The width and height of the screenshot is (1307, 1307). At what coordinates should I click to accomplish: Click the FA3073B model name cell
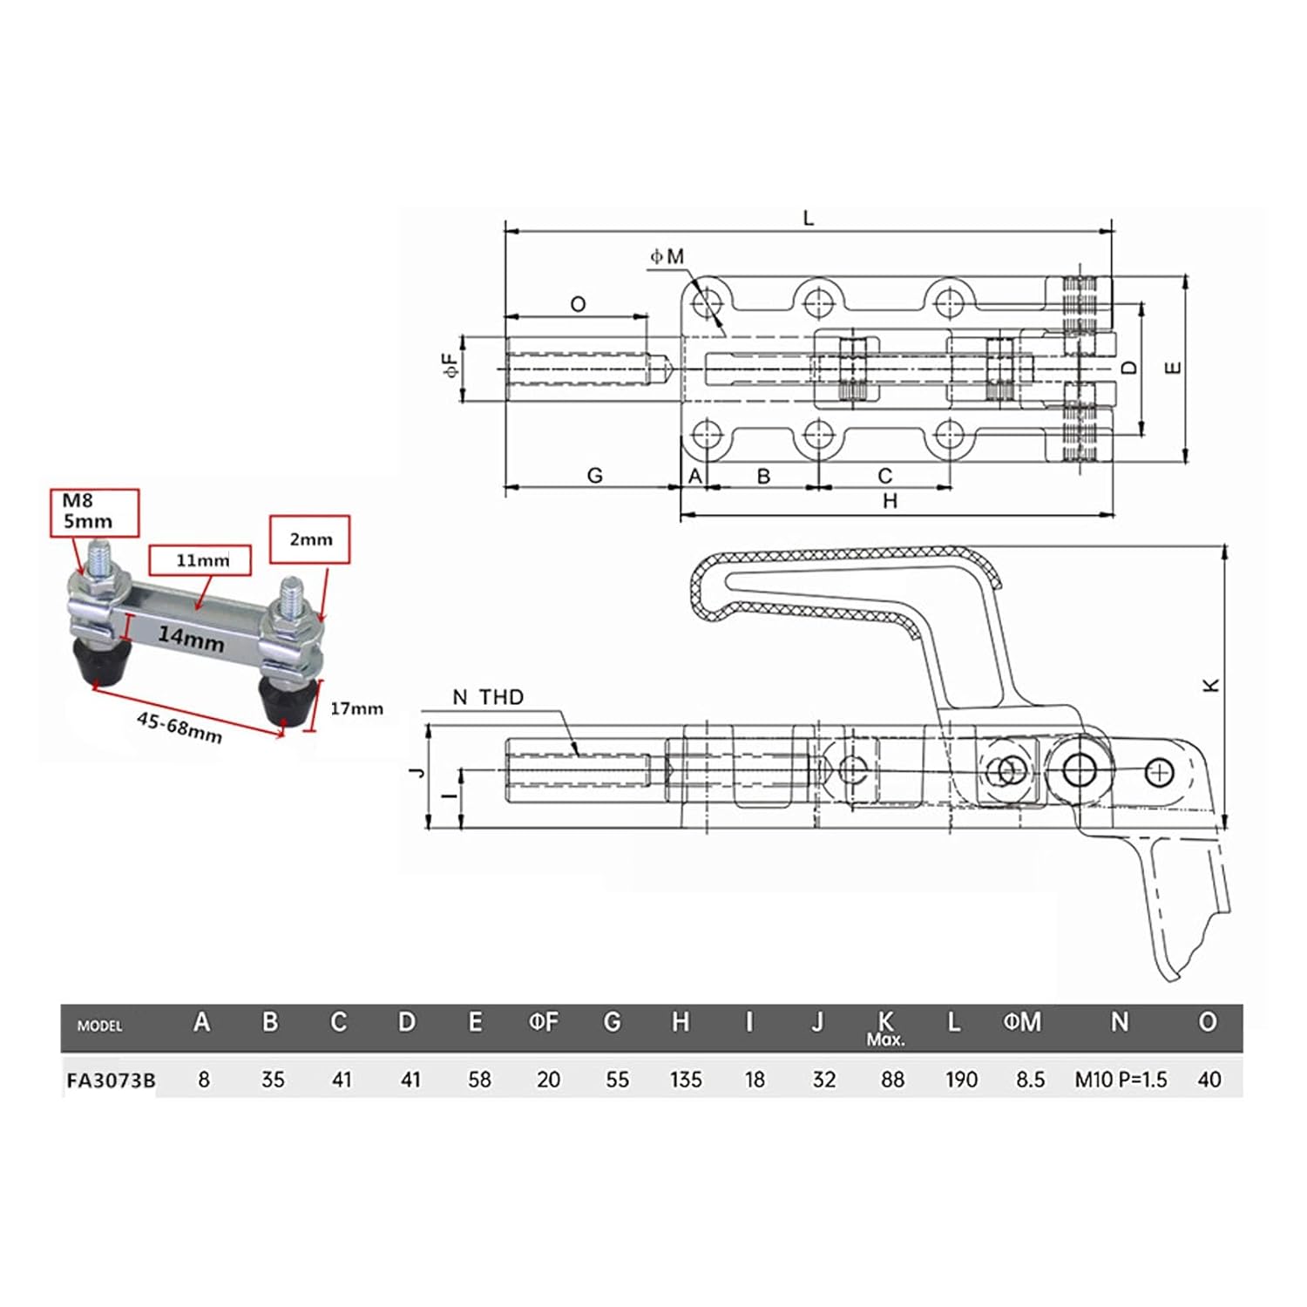coord(111,1080)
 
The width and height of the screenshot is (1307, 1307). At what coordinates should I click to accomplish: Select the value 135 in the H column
coord(686,1080)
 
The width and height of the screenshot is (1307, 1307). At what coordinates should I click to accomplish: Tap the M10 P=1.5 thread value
coord(1120,1080)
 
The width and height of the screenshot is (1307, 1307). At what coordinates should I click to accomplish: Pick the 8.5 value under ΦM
coord(1029,1080)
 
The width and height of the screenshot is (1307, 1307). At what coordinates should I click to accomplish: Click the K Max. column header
coord(885,1026)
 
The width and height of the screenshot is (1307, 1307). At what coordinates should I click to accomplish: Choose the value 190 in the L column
coord(961,1080)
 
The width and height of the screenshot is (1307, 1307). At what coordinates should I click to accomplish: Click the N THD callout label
coord(488,697)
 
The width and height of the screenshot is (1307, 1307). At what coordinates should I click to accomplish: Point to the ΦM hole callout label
coord(667,256)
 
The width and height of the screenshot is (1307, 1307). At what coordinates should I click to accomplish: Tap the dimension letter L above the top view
coord(808,218)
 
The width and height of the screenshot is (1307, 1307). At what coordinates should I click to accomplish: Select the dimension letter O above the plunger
coord(578,304)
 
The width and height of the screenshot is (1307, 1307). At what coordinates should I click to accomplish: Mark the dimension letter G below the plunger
coord(594,475)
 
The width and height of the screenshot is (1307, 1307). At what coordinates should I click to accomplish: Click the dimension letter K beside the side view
coord(1211,685)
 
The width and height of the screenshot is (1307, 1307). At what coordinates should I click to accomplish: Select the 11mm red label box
coord(200,560)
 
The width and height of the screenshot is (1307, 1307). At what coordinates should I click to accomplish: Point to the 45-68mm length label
coord(179,727)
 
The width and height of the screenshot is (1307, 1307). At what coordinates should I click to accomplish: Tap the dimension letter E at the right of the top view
coord(1173,368)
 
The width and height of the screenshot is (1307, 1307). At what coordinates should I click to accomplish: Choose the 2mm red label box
coord(310,539)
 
